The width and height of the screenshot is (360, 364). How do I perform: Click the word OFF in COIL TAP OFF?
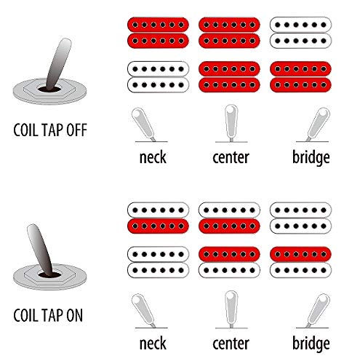[76, 130]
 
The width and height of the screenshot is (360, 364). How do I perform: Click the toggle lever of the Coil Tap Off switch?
[58, 64]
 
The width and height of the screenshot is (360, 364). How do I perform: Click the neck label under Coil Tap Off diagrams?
[153, 157]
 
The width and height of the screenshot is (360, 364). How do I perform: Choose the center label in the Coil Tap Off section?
[231, 158]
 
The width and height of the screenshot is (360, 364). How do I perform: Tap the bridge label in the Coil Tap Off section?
[311, 158]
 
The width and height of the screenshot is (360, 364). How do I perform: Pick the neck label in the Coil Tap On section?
[153, 344]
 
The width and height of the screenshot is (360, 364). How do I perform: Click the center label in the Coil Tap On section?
[231, 344]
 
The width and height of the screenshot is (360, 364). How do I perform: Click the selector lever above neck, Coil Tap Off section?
[143, 124]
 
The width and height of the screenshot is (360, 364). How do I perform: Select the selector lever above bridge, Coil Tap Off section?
[319, 124]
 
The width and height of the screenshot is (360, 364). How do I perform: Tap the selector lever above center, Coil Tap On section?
[231, 309]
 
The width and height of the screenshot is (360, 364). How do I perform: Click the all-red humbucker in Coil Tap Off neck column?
[158, 33]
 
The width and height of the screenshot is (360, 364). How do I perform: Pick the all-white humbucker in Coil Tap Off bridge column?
[300, 33]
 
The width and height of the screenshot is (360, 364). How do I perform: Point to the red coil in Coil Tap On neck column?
[158, 226]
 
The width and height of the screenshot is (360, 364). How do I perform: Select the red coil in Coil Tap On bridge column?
[300, 254]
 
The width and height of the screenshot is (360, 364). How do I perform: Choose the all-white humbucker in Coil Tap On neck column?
[158, 262]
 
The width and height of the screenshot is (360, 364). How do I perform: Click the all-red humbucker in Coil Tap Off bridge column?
[300, 77]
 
